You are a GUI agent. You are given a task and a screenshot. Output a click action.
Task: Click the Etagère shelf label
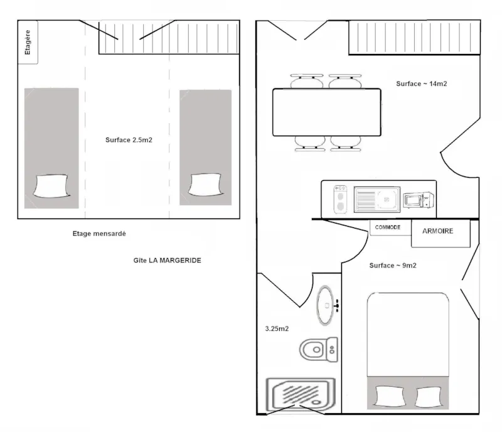28,42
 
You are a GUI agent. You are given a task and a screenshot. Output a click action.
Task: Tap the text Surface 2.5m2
129,140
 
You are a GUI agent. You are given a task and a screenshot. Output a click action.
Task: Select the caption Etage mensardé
99,234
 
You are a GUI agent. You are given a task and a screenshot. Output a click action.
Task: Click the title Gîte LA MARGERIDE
167,260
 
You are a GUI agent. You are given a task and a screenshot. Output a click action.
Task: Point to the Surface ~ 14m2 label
421,84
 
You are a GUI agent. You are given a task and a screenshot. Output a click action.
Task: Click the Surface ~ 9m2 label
393,266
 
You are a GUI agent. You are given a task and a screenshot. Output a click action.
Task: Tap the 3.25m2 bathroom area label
277,328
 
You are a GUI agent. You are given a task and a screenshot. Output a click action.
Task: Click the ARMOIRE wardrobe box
441,234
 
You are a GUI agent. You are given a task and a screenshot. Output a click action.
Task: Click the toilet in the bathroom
319,350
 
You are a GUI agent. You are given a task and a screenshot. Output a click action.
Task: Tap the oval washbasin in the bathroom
326,305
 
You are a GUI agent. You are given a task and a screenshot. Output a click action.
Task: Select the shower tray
301,394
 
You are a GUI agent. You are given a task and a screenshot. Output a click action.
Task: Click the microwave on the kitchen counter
419,200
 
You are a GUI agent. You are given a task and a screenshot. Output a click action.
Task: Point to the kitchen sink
377,200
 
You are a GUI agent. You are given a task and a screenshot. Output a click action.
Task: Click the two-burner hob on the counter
340,199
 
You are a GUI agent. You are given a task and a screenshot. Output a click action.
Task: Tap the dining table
327,112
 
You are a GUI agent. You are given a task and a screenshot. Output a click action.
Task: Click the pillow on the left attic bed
51,186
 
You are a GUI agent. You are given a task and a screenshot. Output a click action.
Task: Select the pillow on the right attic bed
205,185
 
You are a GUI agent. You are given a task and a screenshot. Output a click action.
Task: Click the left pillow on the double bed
390,397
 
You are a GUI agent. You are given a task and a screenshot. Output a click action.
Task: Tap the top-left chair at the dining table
307,81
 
